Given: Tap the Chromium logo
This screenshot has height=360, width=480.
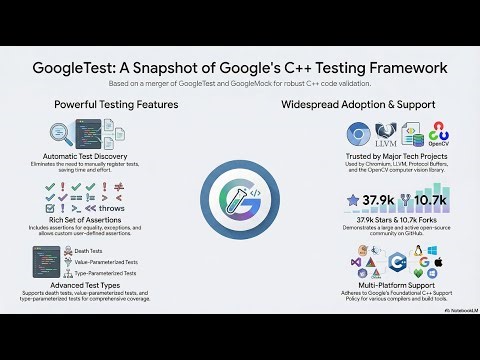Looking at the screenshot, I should pyautogui.click(x=360, y=134).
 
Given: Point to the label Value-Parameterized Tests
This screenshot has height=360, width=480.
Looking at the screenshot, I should pyautogui.click(x=106, y=261).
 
